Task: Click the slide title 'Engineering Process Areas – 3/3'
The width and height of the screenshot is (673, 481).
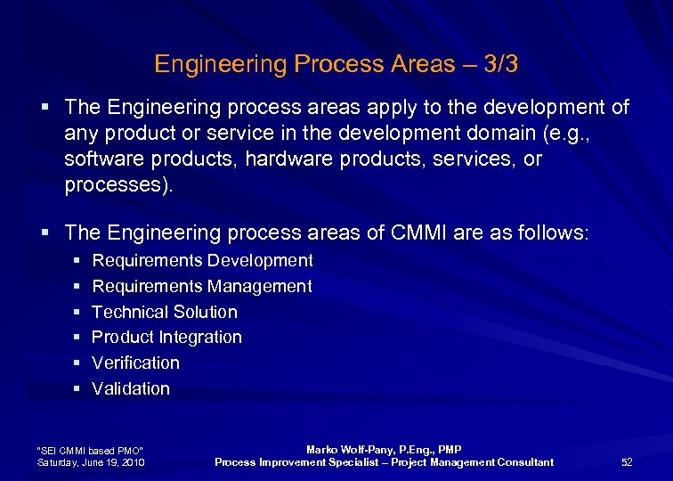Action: tap(336, 64)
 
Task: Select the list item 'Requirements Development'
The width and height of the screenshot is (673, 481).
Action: tap(202, 260)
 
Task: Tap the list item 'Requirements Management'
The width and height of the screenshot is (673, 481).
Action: tap(202, 286)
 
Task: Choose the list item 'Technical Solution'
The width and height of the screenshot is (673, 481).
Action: tap(165, 312)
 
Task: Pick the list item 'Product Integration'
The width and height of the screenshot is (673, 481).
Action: tap(166, 337)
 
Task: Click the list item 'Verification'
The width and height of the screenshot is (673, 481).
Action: tap(135, 363)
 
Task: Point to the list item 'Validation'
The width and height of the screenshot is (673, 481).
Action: tap(131, 388)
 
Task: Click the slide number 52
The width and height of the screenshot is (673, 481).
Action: tap(627, 461)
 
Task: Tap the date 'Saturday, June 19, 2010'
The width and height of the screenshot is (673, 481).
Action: tap(92, 461)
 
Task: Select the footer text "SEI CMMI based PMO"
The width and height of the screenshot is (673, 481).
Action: tap(89, 450)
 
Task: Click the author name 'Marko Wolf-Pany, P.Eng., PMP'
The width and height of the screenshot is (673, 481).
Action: tap(384, 450)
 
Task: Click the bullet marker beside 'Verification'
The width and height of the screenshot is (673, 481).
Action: tap(77, 363)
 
